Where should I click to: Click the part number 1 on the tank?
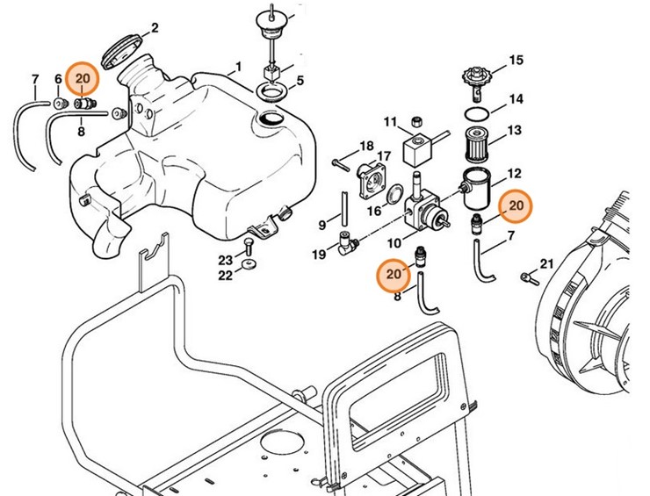pyautogui.click(x=235, y=67)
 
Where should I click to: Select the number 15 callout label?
pyautogui.click(x=516, y=61)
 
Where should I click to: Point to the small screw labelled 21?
pyautogui.click(x=525, y=278)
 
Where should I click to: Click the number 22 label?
pyautogui.click(x=226, y=276)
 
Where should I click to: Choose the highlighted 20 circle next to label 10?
pyautogui.click(x=394, y=276)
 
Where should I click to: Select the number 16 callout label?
pyautogui.click(x=374, y=211)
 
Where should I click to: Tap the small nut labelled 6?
pyautogui.click(x=60, y=104)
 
